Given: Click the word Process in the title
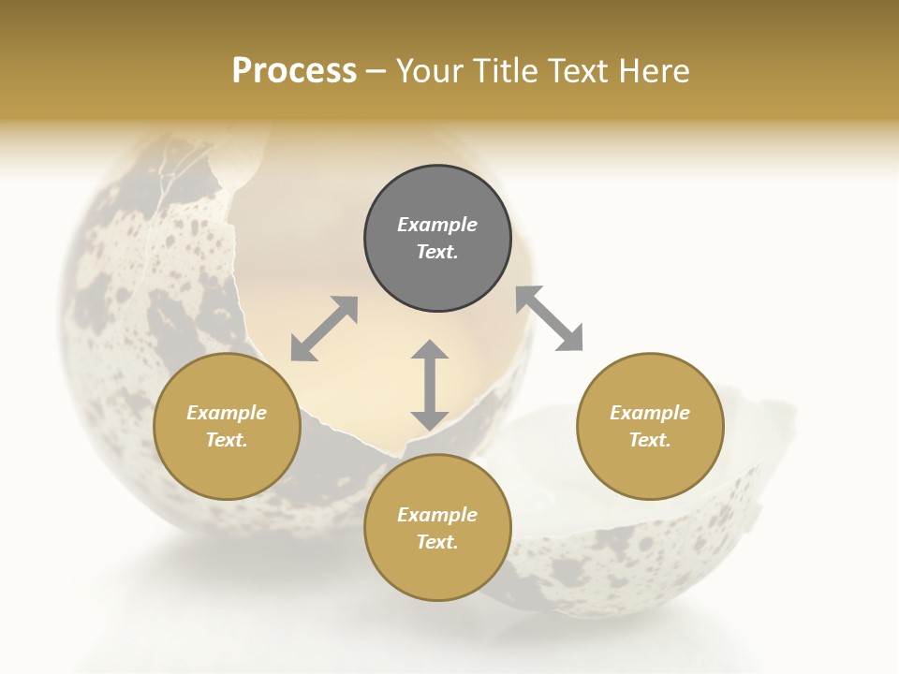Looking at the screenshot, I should pos(294,71).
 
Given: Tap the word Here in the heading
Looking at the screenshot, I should pos(653,71).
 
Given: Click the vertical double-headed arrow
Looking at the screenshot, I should pos(430,385).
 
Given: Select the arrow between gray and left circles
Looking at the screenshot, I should pos(324,329).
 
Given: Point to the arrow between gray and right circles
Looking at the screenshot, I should pos(550,318).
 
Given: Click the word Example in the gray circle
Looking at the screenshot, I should pos(437,225).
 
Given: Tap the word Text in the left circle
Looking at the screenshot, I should pos(227,440).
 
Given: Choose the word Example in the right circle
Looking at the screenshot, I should pos(650,413).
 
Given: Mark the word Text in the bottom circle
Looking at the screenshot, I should pos(437,542).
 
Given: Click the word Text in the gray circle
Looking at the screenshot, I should pos(437,252).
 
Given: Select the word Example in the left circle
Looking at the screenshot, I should pos(227,413).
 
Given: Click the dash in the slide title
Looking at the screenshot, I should pos(376,72).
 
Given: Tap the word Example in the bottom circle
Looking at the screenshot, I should pos(437,515).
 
